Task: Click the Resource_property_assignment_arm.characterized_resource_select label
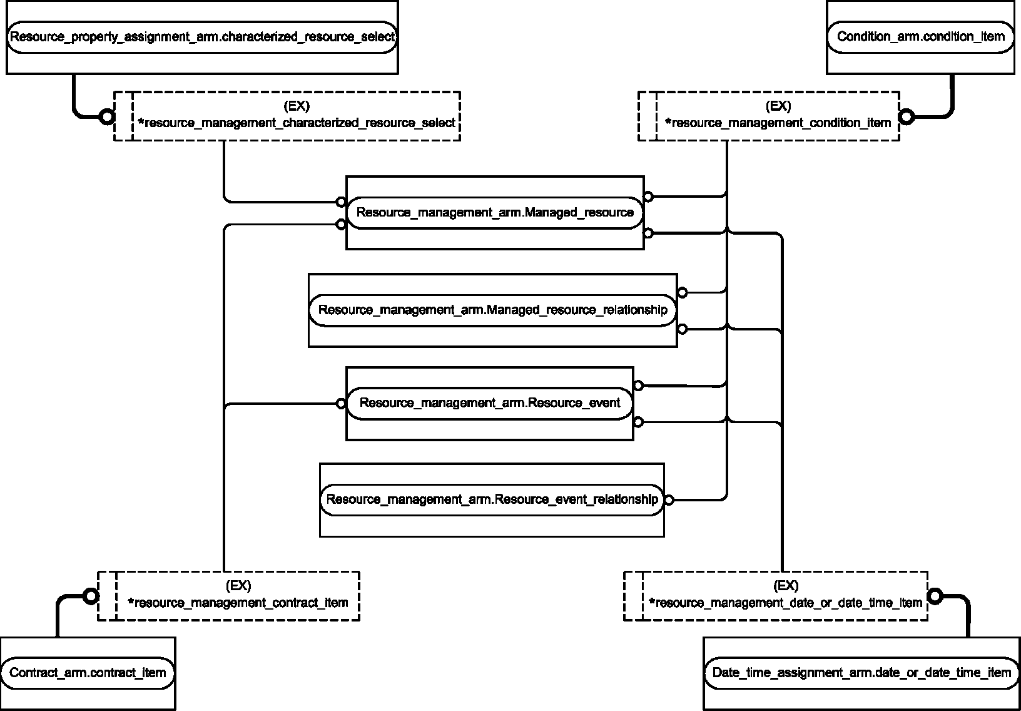tap(202, 36)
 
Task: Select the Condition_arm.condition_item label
tap(921, 36)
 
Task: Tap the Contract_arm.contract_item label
tap(88, 673)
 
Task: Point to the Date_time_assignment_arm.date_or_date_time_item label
tap(861, 673)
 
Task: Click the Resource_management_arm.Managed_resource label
tap(495, 213)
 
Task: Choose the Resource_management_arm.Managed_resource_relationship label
tap(493, 310)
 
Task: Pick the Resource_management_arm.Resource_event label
tap(490, 402)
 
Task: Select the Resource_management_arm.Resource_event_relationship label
tap(492, 499)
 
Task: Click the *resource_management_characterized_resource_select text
tap(297, 123)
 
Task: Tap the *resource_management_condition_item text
tap(778, 123)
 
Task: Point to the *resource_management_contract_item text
tap(238, 603)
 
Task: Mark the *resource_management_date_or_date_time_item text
tap(786, 603)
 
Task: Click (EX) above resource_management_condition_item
tap(778, 106)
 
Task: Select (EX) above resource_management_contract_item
tap(238, 586)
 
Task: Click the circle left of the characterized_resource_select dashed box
tap(107, 117)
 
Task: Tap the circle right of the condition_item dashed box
tap(907, 117)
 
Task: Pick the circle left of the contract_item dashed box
tap(91, 596)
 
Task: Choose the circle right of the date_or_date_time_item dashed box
tap(935, 596)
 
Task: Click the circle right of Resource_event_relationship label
tap(669, 500)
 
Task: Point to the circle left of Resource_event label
tap(341, 404)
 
